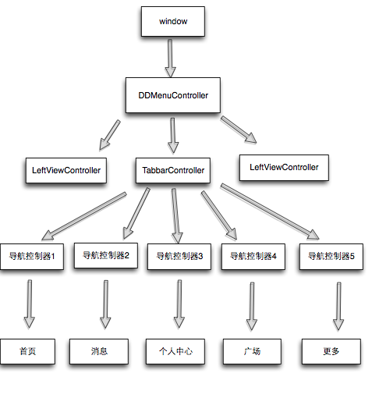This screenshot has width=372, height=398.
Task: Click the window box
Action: [x=172, y=21]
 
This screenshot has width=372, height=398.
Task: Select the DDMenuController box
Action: [x=172, y=95]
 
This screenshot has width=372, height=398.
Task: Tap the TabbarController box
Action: [x=173, y=169]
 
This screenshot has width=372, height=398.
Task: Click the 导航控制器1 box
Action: [x=32, y=255]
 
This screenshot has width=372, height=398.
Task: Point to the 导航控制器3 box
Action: [x=179, y=255]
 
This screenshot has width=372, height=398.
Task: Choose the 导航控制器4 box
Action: [x=253, y=255]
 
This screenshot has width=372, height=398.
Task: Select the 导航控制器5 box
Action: [x=331, y=255]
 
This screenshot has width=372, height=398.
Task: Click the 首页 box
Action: [x=28, y=352]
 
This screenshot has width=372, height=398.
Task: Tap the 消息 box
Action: [x=98, y=352]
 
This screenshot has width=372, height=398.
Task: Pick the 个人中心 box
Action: [x=175, y=352]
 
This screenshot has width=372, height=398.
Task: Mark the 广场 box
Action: [x=251, y=352]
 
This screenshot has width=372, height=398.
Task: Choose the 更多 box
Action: [x=331, y=352]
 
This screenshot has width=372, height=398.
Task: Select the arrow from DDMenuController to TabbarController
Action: [x=173, y=133]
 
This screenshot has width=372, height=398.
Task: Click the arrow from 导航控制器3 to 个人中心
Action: [x=179, y=304]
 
